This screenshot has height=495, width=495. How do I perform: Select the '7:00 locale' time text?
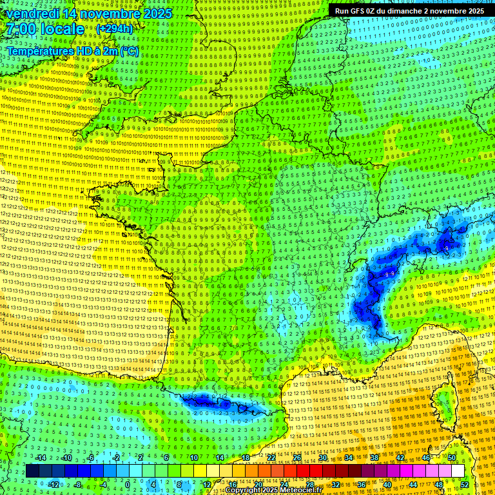point(44,30)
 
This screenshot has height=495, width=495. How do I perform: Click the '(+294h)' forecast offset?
point(114,29)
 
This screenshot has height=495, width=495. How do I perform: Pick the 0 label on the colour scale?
point(127,485)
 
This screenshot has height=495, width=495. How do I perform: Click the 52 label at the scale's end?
point(465,485)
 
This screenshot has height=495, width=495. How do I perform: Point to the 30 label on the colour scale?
point(322,458)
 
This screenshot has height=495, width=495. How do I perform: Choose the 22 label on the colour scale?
point(271,458)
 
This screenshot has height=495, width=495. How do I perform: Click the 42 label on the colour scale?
point(400,458)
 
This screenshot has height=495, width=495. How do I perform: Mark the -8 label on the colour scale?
point(77,485)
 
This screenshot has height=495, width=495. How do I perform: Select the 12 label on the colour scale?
point(207,485)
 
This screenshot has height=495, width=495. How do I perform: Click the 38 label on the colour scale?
point(374,458)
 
